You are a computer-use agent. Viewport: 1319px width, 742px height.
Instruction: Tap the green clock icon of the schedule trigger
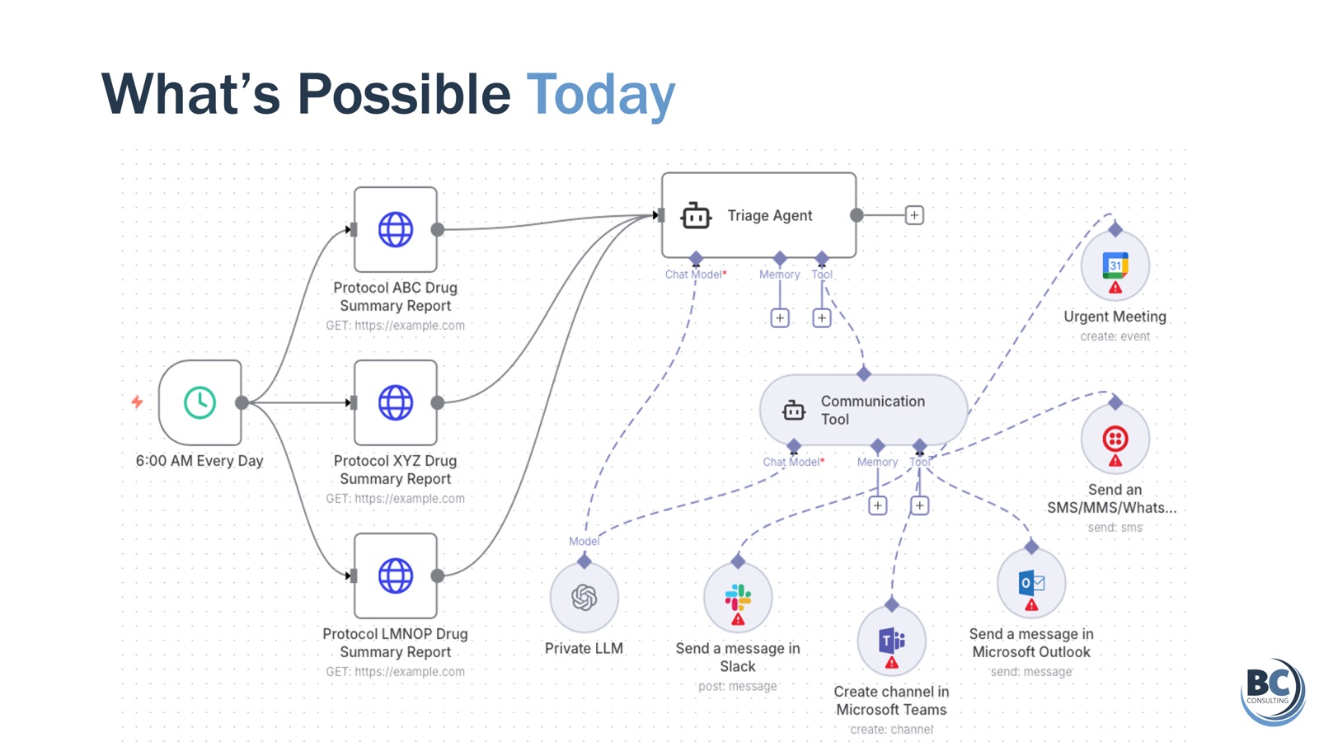199,403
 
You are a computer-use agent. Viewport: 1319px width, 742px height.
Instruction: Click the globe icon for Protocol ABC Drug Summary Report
395,230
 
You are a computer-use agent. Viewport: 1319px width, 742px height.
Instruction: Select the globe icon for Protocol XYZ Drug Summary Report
395,403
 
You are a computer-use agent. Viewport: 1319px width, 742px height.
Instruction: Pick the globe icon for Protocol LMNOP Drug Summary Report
395,576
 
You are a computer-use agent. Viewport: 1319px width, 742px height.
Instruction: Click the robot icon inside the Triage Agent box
696,215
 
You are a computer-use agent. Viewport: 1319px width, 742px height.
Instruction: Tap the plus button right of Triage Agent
914,215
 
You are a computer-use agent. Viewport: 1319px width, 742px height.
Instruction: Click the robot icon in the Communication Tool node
793,411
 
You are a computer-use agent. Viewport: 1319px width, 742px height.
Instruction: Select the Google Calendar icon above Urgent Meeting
1115,265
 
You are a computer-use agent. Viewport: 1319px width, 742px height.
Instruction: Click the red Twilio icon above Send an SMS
1115,439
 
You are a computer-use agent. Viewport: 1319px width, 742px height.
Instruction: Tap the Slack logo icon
738,597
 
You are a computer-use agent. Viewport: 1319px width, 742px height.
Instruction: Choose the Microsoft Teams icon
891,640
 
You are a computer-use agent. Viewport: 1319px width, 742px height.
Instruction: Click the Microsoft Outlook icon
1031,583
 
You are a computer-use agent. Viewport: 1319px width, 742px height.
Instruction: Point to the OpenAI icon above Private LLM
584,597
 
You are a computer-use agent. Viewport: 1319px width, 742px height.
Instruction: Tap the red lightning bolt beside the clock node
137,402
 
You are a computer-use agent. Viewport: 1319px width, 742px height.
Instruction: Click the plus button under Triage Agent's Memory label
780,318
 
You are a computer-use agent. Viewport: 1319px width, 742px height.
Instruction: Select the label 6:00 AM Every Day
199,461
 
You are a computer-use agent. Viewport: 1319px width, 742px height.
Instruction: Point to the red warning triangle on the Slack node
738,619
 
